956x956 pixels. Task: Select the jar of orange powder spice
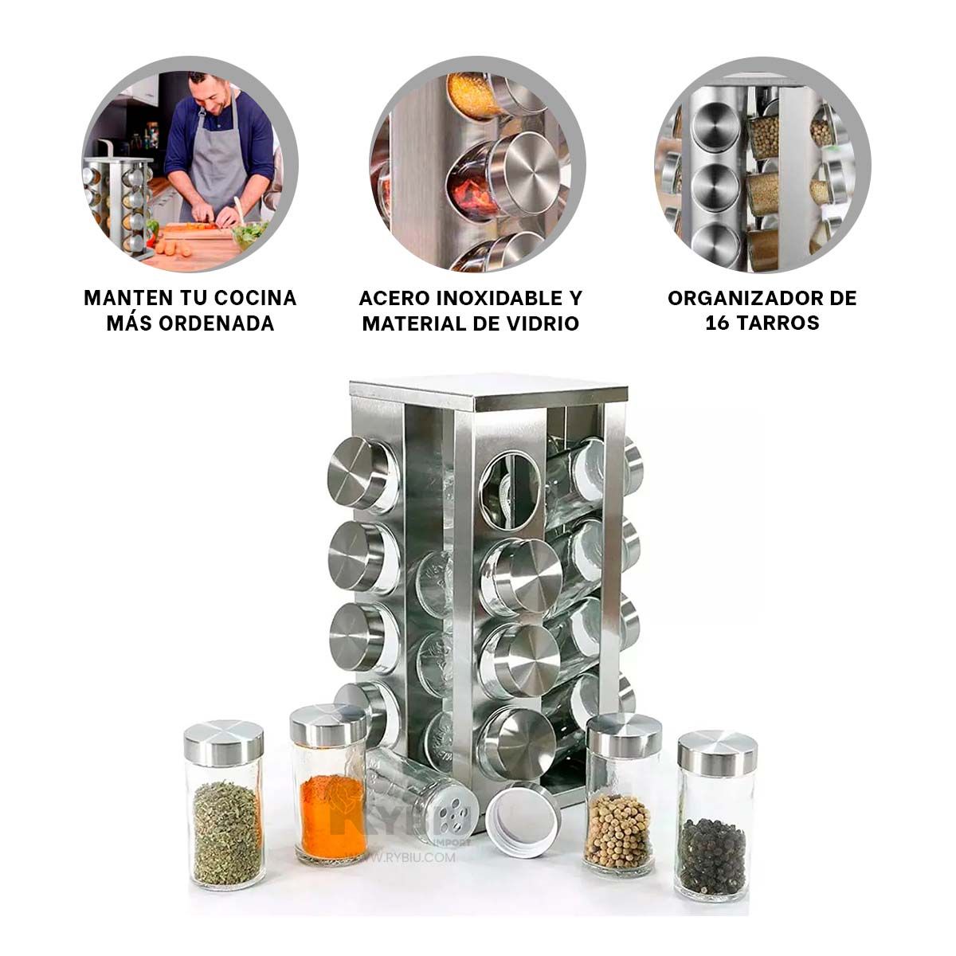[331, 785]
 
